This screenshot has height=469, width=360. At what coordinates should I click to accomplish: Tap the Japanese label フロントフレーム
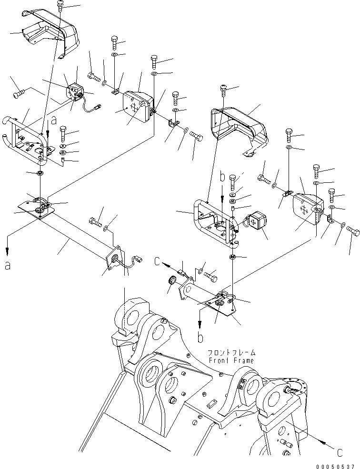coord(231,353)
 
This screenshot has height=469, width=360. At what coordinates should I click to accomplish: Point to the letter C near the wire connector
coord(157,261)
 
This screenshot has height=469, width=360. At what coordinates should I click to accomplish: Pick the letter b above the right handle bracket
coord(221,178)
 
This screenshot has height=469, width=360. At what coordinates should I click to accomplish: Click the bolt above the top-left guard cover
coord(60,5)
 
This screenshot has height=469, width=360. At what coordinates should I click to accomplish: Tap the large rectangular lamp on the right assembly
coord(308,208)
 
